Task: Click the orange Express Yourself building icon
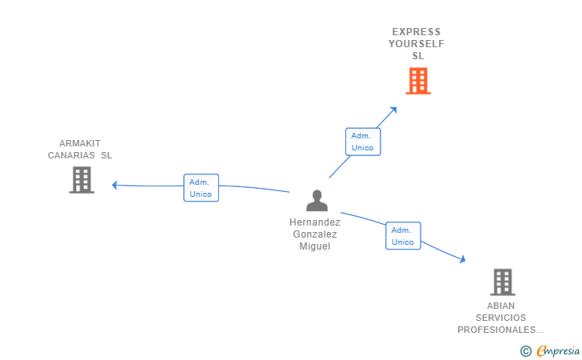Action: click(418, 81)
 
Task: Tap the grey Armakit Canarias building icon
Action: click(82, 180)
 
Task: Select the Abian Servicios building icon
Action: click(502, 282)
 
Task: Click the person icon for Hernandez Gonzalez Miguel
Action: click(317, 201)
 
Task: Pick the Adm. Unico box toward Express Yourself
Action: click(362, 142)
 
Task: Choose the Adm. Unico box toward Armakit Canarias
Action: click(201, 188)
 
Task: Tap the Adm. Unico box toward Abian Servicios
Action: click(403, 236)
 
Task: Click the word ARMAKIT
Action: click(80, 143)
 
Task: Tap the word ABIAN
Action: click(501, 306)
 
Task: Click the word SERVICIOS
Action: click(500, 318)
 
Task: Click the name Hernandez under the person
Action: click(315, 222)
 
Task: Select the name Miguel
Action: click(315, 246)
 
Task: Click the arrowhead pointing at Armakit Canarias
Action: click(115, 185)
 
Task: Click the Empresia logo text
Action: click(558, 350)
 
